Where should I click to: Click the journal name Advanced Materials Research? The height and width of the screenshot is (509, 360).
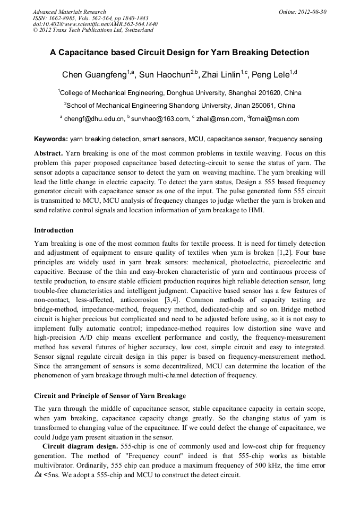69,12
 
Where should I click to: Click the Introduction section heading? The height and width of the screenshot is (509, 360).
54,230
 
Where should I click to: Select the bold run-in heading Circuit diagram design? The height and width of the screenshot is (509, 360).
80,446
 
